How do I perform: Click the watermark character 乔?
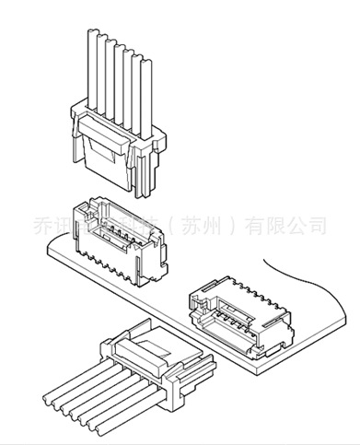click(x=42, y=225)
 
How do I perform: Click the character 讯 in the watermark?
click(x=66, y=225)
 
